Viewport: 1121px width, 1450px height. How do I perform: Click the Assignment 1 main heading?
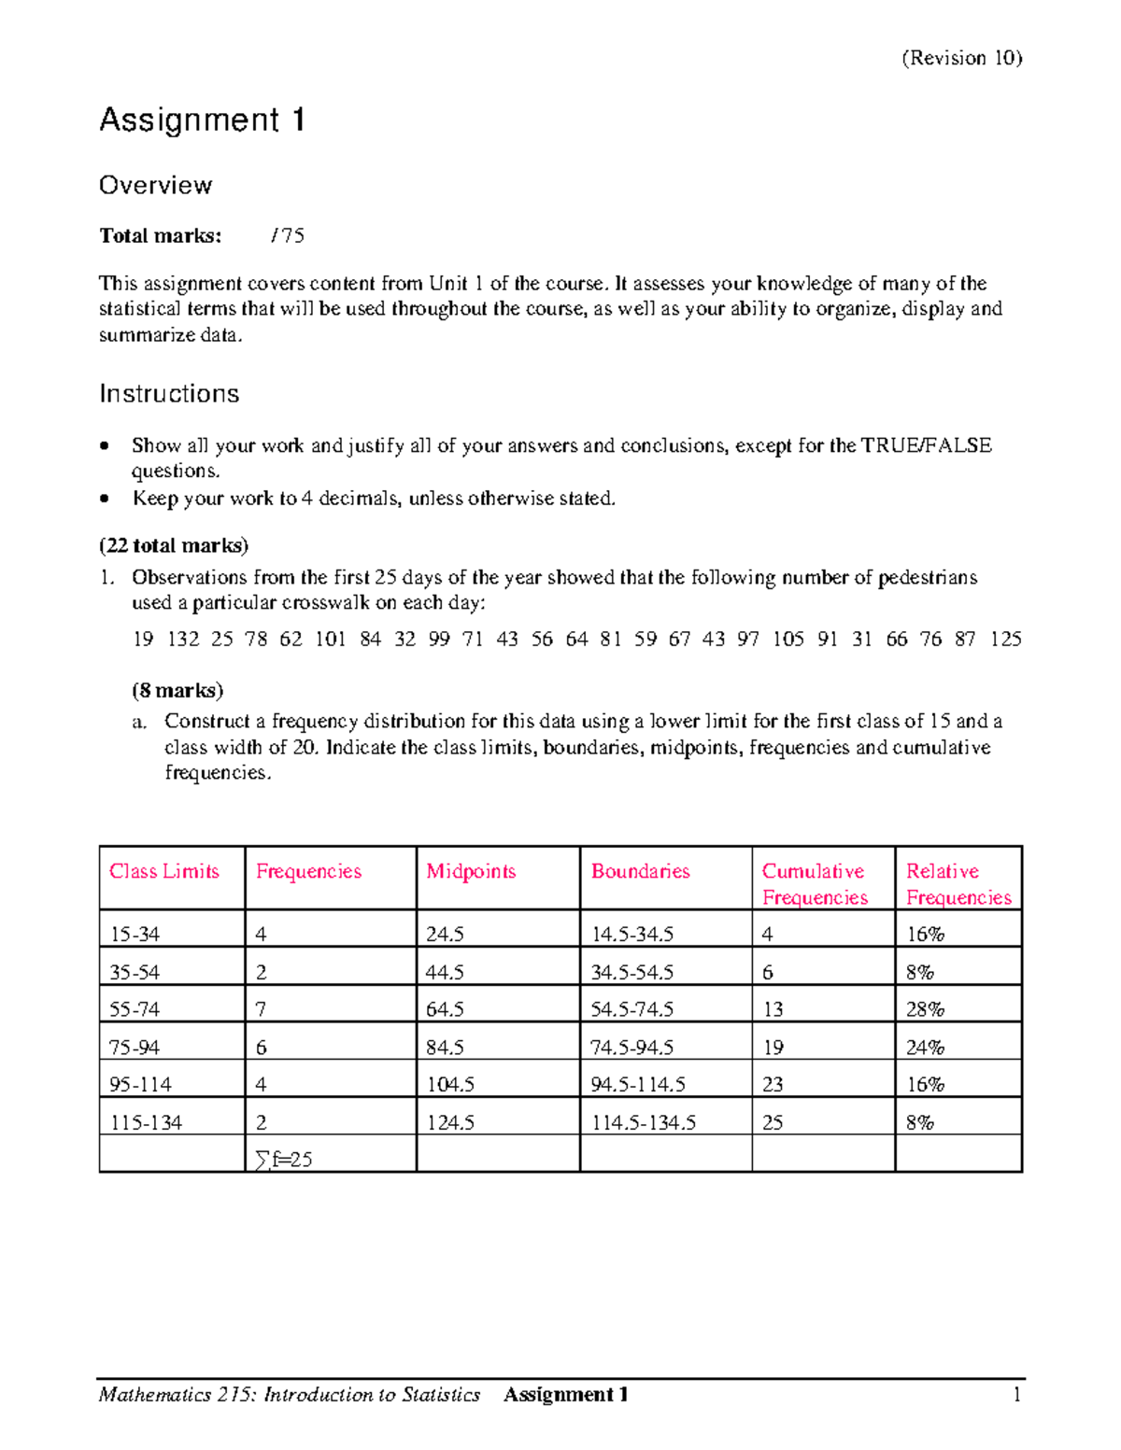pyautogui.click(x=202, y=120)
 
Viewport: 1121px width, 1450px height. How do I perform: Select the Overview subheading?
pyautogui.click(x=155, y=185)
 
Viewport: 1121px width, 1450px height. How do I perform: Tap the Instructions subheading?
pyautogui.click(x=169, y=394)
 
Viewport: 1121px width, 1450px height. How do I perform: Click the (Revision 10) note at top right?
pyautogui.click(x=961, y=58)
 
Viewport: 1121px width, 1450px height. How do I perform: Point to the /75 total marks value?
pyautogui.click(x=287, y=235)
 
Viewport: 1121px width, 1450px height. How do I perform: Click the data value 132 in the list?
pyautogui.click(x=183, y=640)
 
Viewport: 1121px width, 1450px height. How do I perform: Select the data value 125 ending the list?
pyautogui.click(x=1005, y=640)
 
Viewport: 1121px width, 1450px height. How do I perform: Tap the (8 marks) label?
pyautogui.click(x=177, y=691)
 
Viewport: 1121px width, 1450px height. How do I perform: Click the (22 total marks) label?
pyautogui.click(x=174, y=545)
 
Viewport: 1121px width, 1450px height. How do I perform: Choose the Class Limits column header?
pyautogui.click(x=164, y=871)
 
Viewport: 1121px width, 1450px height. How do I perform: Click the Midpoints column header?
pyautogui.click(x=471, y=871)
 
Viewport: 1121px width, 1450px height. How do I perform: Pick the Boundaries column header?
pyautogui.click(x=640, y=871)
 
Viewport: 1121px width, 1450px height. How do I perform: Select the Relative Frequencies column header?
pyautogui.click(x=958, y=884)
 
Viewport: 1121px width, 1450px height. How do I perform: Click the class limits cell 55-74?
pyautogui.click(x=135, y=1009)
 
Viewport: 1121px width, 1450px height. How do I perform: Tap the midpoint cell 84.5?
pyautogui.click(x=445, y=1048)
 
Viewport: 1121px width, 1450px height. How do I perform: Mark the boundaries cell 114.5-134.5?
pyautogui.click(x=644, y=1122)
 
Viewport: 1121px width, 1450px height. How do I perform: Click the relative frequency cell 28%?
pyautogui.click(x=925, y=1009)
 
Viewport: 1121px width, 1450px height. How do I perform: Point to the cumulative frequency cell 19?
pyautogui.click(x=773, y=1048)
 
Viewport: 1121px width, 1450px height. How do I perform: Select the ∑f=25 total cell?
pyautogui.click(x=283, y=1160)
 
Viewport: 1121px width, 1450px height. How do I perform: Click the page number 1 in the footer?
pyautogui.click(x=1016, y=1395)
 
